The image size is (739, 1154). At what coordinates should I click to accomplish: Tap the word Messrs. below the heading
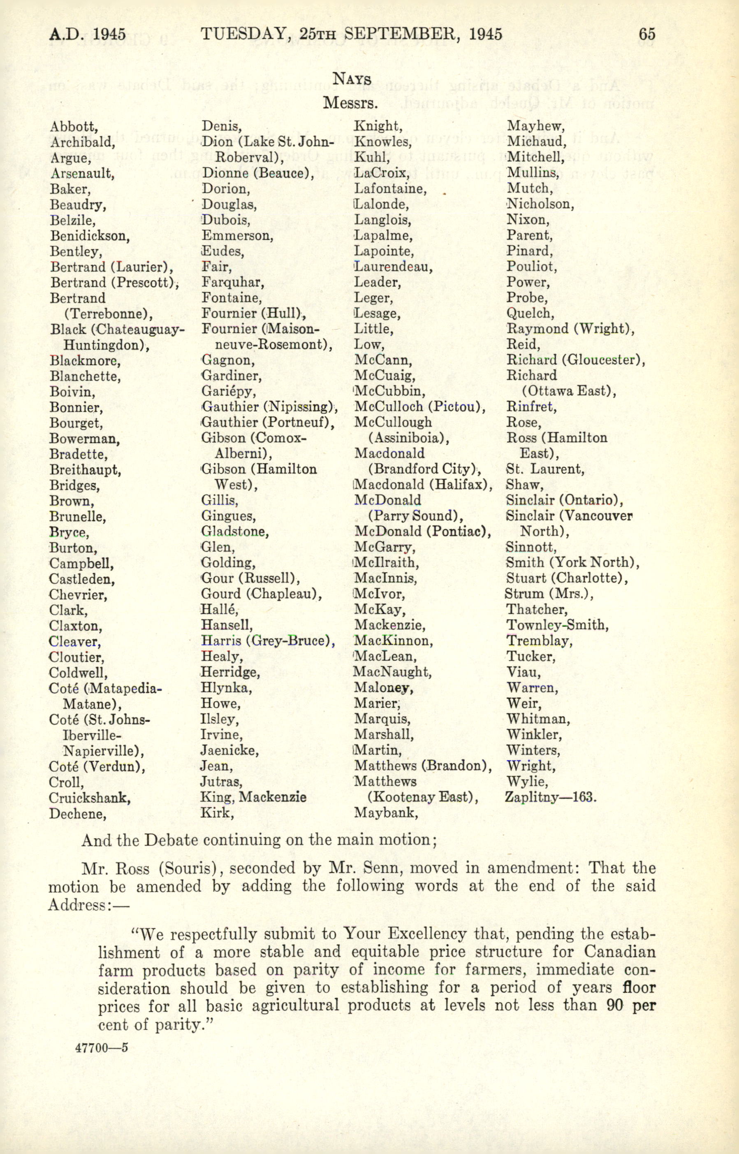coord(351,102)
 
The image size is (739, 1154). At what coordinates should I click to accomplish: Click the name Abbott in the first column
coord(74,126)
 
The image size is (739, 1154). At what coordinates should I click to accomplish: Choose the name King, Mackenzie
coord(253,797)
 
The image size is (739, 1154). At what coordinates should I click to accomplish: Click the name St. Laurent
coord(545,469)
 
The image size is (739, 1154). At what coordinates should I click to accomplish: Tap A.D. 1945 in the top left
coord(88,35)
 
